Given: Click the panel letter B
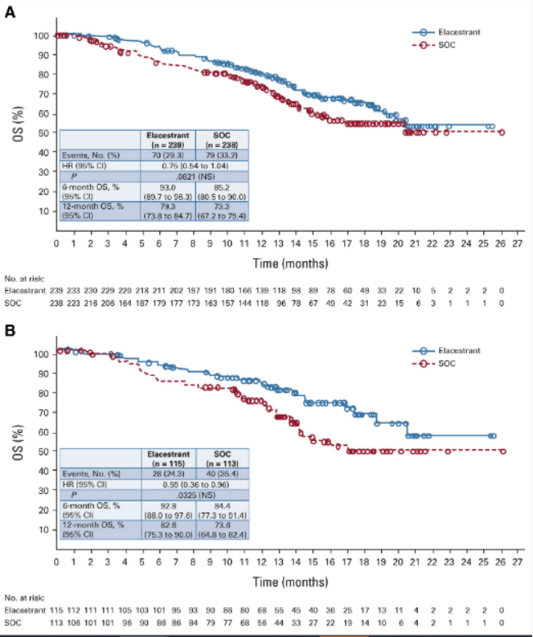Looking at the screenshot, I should (x=10, y=332).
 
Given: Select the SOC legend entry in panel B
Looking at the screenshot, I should (x=448, y=363).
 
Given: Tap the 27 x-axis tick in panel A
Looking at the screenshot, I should (x=518, y=243).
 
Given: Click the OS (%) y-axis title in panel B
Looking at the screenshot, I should (x=18, y=443).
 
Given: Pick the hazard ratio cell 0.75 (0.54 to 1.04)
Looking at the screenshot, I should (x=195, y=166).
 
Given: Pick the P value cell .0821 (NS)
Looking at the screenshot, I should (x=195, y=177).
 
